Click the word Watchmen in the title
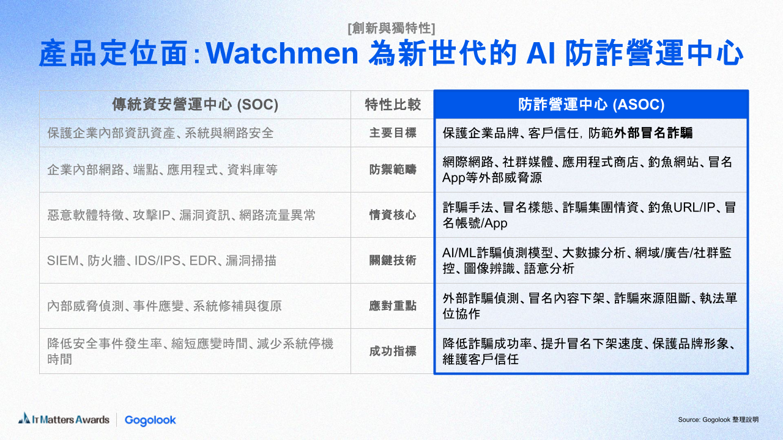(282, 53)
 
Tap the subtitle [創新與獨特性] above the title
(391, 28)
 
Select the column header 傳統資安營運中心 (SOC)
(195, 105)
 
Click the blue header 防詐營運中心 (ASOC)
(591, 105)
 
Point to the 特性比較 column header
(393, 105)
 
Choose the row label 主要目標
(393, 133)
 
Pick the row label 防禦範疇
(393, 170)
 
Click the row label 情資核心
(393, 215)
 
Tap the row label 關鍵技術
(393, 260)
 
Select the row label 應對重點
(393, 306)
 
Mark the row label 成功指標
(393, 351)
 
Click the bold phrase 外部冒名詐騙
(653, 133)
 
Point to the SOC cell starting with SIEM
(162, 260)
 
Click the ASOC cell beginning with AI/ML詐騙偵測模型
(587, 260)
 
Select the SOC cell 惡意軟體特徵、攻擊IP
(182, 215)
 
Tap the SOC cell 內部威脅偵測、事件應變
(165, 306)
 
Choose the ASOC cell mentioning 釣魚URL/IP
(589, 215)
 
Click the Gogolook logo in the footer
(150, 420)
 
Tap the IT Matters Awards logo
(64, 419)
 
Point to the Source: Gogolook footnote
(718, 419)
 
